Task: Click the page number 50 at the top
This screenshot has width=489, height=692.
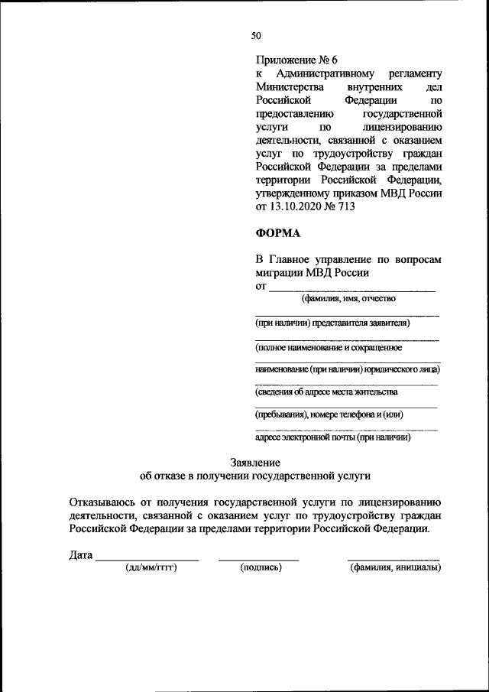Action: click(256, 35)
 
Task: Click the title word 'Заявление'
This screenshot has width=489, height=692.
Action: click(255, 462)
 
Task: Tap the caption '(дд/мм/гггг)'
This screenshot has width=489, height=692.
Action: click(151, 567)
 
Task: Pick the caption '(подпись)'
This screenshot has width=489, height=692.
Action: click(261, 567)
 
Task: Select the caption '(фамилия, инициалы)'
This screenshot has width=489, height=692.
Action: click(395, 567)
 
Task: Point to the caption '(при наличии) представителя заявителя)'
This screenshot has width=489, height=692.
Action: click(333, 323)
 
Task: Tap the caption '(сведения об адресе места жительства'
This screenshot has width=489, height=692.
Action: click(326, 391)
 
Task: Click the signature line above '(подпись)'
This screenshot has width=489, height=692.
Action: click(258, 560)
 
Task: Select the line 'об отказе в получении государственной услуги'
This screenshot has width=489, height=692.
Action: click(255, 476)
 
